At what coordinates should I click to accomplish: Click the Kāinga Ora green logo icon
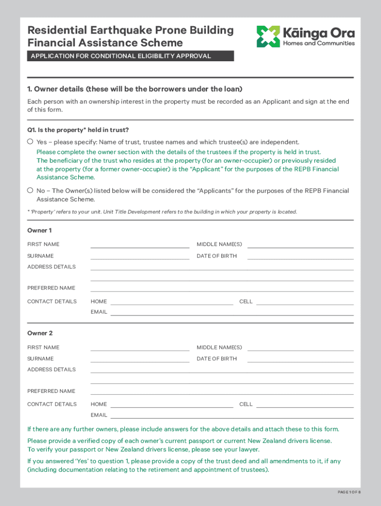click(268, 37)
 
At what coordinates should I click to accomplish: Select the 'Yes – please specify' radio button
click(30, 142)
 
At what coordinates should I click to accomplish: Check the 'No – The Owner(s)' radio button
click(30, 190)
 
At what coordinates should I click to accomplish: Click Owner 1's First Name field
click(140, 244)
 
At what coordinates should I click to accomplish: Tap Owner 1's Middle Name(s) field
click(300, 244)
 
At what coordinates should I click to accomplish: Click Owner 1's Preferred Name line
click(222, 288)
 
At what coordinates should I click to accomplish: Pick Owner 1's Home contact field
click(171, 301)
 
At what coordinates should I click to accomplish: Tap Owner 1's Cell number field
click(304, 301)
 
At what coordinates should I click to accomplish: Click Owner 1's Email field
click(232, 312)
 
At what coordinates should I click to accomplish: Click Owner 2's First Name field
click(140, 347)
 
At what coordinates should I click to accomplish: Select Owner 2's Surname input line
click(140, 359)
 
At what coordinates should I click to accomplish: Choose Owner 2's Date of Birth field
click(300, 359)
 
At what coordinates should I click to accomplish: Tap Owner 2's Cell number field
click(304, 404)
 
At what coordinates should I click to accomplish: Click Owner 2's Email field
click(232, 415)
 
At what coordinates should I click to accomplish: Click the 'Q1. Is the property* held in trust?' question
click(78, 130)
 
